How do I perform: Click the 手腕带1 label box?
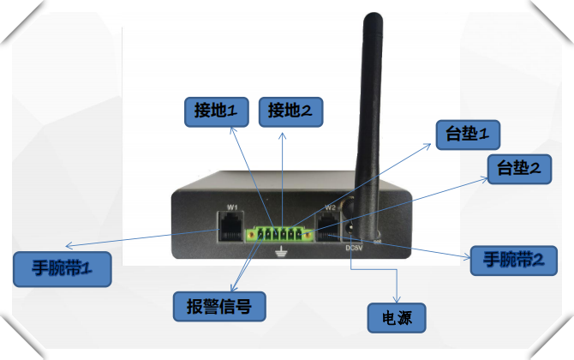point(62,269)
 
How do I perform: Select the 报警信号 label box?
point(218,304)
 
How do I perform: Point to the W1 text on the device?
point(232,208)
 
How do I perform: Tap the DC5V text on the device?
point(354,249)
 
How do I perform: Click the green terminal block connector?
point(278,234)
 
